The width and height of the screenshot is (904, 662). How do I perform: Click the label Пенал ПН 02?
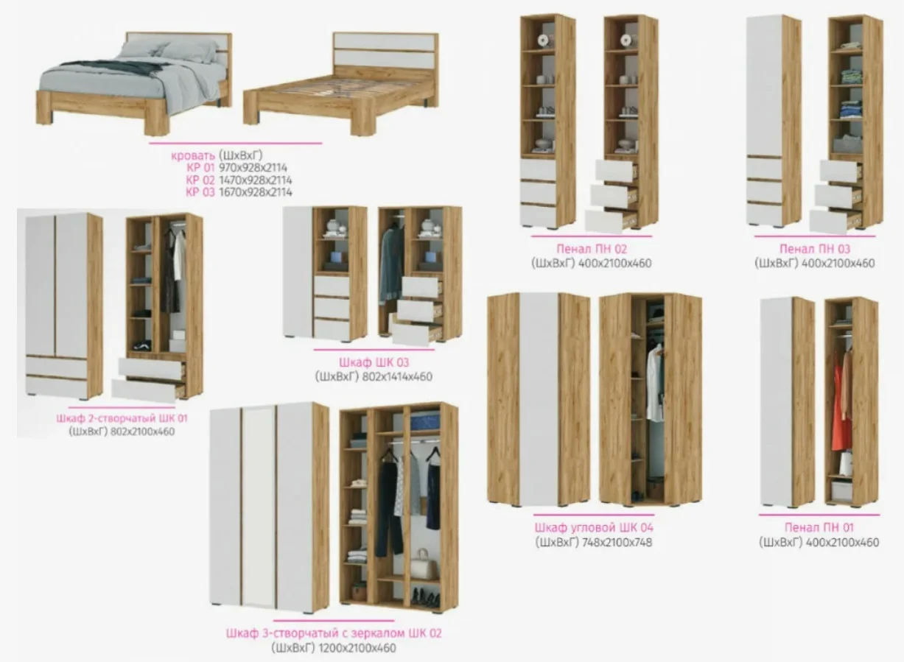coord(592,249)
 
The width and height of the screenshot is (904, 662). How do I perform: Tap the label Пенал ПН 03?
coord(815,249)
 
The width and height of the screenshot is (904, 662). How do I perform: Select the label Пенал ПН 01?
coord(819,527)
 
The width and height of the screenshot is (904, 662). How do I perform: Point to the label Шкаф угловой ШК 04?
coord(594,527)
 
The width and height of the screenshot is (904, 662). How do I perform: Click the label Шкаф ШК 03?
coord(374,362)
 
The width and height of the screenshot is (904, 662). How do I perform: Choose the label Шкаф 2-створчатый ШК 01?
coord(122,418)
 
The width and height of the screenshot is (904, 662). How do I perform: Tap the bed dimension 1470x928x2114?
coord(256,180)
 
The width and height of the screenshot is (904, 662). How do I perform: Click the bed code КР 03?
coord(200,192)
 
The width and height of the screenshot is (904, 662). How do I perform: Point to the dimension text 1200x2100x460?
coord(357,648)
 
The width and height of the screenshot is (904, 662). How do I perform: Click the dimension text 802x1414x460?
coord(397,377)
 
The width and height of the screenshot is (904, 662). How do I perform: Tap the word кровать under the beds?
coord(193,155)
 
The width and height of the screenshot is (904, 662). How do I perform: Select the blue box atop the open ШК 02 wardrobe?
coord(425,421)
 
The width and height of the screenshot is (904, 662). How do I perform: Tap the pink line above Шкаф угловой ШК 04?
coord(593,515)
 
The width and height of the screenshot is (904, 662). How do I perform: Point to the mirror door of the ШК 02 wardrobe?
coord(259,508)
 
